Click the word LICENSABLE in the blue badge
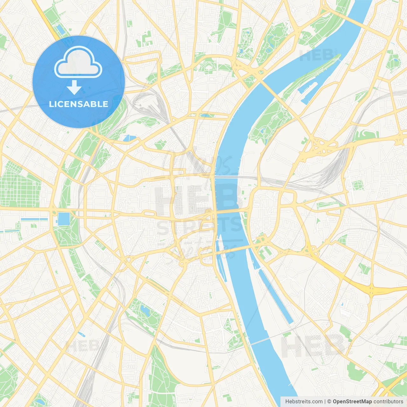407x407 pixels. [79, 104]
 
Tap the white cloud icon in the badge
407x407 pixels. [78, 62]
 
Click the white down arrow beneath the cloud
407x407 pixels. [74, 87]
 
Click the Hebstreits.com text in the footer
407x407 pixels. [304, 402]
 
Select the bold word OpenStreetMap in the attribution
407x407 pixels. [352, 402]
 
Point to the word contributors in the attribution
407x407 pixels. [388, 402]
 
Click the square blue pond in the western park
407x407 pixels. [64, 219]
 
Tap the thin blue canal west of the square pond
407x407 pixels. [34, 219]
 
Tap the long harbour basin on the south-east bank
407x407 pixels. [276, 297]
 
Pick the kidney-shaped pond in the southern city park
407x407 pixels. [145, 310]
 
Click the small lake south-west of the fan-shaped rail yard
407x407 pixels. [129, 138]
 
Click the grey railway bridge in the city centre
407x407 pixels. [226, 176]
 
